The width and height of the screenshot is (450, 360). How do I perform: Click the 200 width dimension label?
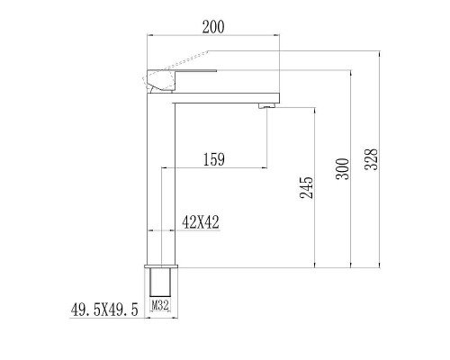coord(213,27)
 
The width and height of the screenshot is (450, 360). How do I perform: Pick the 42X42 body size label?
coord(202,220)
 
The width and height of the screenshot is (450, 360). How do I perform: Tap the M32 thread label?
coord(160,306)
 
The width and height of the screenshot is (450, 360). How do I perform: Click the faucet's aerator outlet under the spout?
coord(265,106)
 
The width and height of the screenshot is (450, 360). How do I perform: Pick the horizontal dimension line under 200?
coord(213,36)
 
